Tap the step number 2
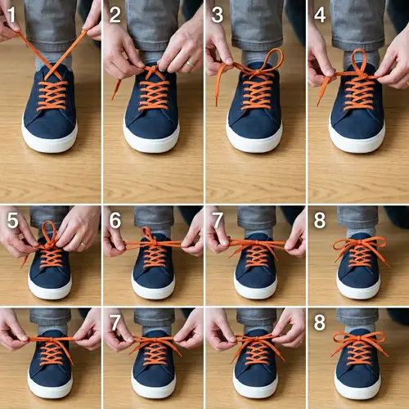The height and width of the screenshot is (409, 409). point(115,13)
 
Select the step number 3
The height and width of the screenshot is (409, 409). point(217,13)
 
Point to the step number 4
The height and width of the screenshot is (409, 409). point(320,13)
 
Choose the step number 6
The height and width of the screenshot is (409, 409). point(115,221)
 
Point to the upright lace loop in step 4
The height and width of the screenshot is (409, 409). point(357,61)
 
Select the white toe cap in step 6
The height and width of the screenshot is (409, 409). point(152,290)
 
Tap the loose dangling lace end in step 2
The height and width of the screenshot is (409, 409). point(115,90)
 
